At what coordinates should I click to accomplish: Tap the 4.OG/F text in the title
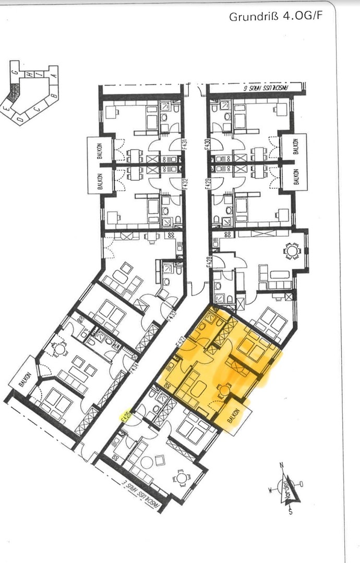303,17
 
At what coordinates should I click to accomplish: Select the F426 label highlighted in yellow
125,418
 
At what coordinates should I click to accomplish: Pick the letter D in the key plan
19,119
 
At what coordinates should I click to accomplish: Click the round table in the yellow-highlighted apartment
225,389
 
